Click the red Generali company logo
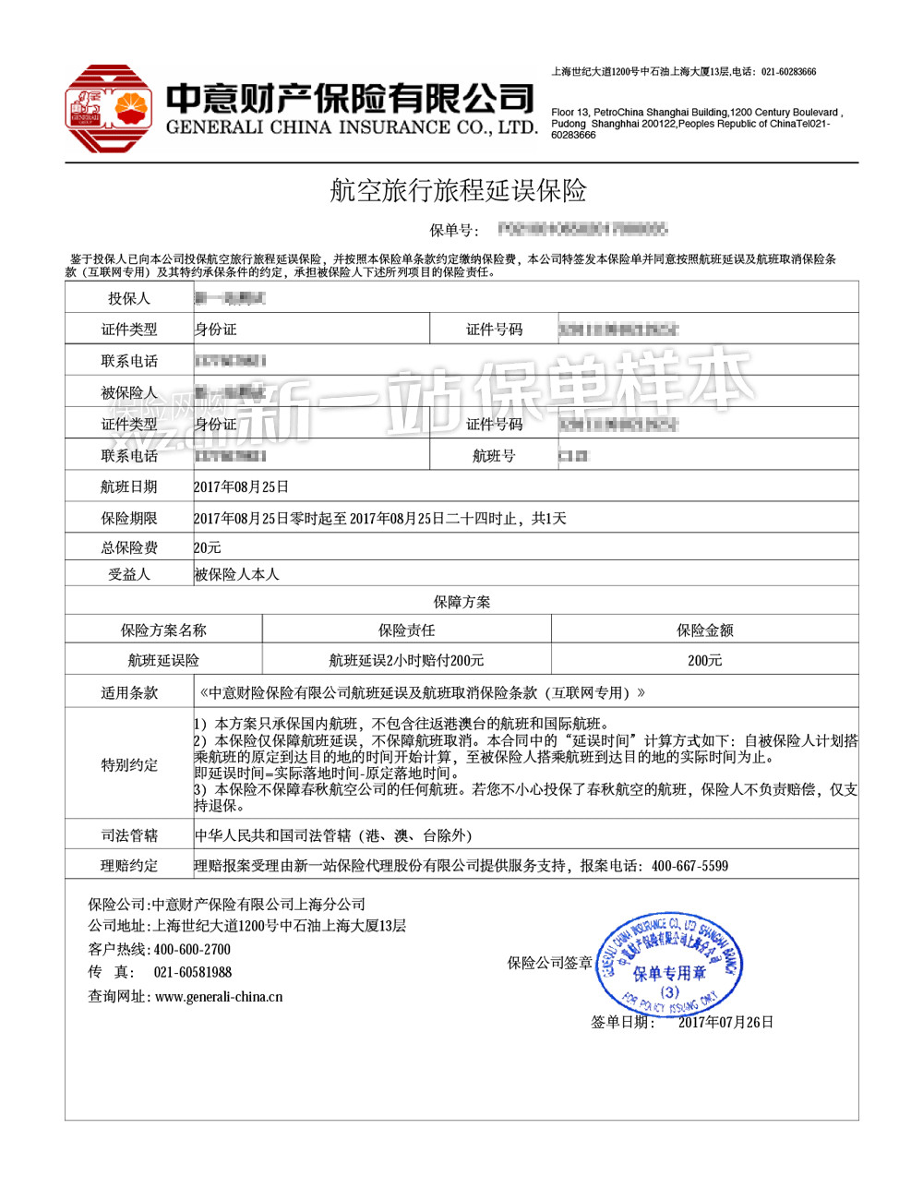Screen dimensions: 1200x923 tap(108, 109)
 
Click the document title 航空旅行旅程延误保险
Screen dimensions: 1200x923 tap(459, 191)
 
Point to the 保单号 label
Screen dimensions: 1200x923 tap(453, 230)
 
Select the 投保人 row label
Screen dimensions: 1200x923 tap(129, 298)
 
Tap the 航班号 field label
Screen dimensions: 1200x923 tap(494, 456)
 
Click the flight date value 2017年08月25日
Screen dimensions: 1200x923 tap(242, 486)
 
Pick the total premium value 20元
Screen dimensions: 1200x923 tap(208, 547)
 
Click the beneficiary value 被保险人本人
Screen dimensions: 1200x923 tap(236, 574)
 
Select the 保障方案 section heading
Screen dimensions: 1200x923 tap(461, 602)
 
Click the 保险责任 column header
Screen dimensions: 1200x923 tap(406, 630)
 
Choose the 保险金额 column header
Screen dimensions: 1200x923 tap(704, 630)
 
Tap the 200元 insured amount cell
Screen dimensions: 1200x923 tap(704, 660)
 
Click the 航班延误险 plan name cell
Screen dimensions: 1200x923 tap(163, 660)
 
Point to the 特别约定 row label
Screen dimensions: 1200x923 tap(129, 765)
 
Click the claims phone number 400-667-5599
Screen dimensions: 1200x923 tap(689, 866)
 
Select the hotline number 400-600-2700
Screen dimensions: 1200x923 tap(192, 949)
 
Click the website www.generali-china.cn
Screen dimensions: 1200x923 tap(219, 997)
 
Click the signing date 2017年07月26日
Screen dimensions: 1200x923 tap(725, 1022)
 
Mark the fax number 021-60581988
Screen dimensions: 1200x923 tap(193, 972)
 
